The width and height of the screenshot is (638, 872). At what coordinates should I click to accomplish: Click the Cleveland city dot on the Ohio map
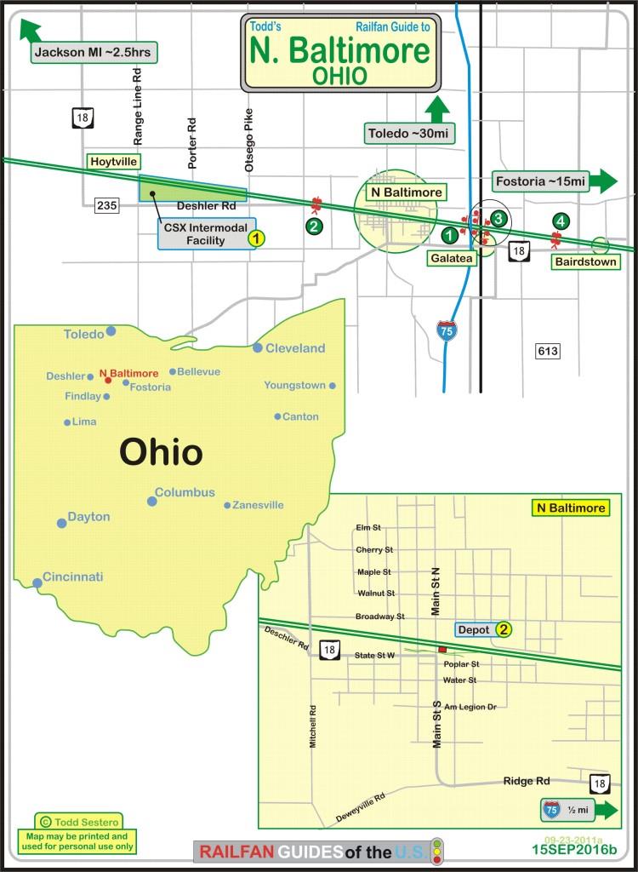tap(257, 347)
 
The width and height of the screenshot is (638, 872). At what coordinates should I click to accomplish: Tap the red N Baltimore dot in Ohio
tap(108, 380)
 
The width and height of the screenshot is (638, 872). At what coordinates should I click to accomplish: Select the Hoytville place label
tap(113, 161)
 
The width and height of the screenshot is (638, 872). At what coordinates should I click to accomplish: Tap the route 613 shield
tap(547, 351)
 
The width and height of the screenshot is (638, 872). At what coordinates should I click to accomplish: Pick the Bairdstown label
tap(585, 261)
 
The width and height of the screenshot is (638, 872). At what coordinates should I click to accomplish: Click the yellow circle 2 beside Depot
tap(504, 630)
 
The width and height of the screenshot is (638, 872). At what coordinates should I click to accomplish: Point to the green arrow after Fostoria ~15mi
tap(604, 181)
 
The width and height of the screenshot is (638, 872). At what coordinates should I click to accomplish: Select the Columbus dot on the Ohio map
tap(151, 501)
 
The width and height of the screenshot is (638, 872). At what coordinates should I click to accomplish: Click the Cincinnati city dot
tap(37, 583)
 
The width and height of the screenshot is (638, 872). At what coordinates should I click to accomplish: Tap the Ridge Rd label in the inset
tap(527, 780)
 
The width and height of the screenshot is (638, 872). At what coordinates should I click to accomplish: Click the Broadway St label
tap(379, 616)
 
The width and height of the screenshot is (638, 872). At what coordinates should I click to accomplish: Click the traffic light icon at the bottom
tap(437, 850)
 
